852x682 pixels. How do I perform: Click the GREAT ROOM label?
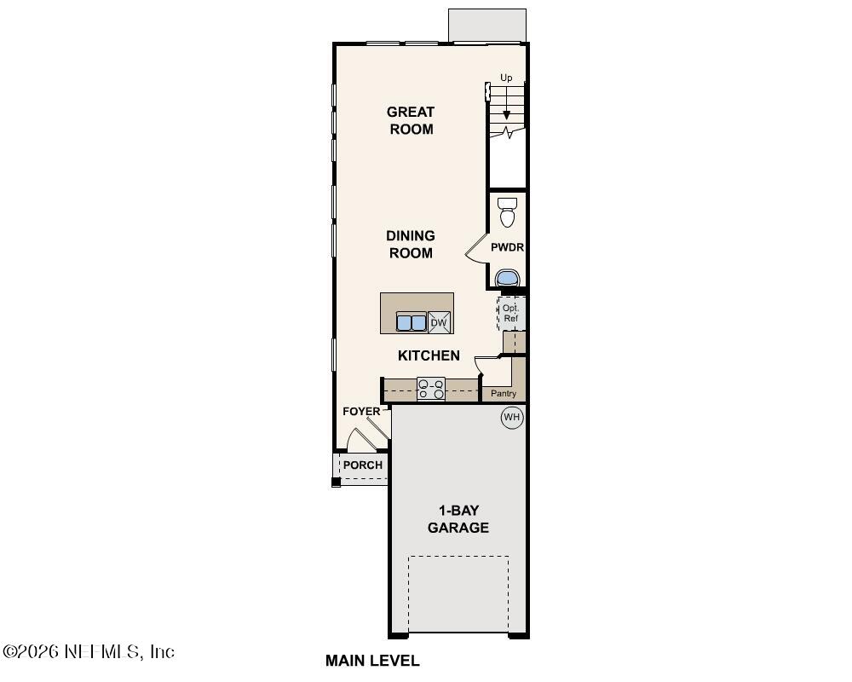pyautogui.click(x=411, y=120)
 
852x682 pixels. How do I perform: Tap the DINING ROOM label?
pyautogui.click(x=411, y=244)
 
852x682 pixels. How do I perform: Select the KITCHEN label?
pyautogui.click(x=429, y=355)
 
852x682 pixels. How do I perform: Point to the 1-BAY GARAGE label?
pyautogui.click(x=458, y=519)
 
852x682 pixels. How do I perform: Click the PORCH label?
pyautogui.click(x=363, y=465)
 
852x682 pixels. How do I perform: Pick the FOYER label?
pyautogui.click(x=361, y=412)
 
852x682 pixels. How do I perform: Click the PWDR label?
pyautogui.click(x=507, y=248)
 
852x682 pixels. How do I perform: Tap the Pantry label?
pyautogui.click(x=504, y=394)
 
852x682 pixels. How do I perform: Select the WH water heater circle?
pyautogui.click(x=511, y=417)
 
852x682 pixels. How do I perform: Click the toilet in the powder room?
pyautogui.click(x=508, y=212)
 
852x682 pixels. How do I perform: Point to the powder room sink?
pyautogui.click(x=508, y=278)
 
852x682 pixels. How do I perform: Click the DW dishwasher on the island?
pyautogui.click(x=439, y=322)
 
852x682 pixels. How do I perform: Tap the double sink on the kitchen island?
pyautogui.click(x=412, y=322)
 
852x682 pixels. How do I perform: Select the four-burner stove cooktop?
pyautogui.click(x=431, y=389)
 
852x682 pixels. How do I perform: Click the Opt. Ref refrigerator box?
pyautogui.click(x=510, y=313)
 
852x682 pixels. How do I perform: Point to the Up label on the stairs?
pyautogui.click(x=506, y=78)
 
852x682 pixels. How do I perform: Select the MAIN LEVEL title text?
pyautogui.click(x=372, y=661)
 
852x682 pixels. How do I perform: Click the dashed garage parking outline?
pyautogui.click(x=458, y=594)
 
